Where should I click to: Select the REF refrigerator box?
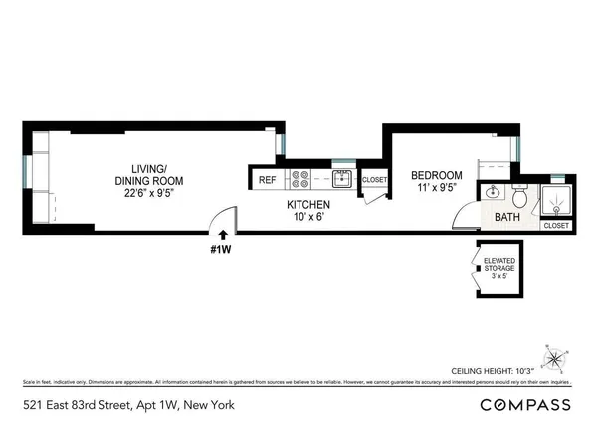(x=267, y=180)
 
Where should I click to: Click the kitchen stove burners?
(x=299, y=179)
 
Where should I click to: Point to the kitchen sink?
(x=341, y=179)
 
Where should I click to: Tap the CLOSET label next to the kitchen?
(x=374, y=180)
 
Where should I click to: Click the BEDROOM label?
(x=436, y=176)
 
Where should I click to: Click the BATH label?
(x=507, y=217)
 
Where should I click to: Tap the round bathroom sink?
(x=493, y=193)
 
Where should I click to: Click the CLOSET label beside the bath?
(x=556, y=226)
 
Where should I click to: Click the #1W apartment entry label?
(x=222, y=248)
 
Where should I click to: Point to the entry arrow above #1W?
(x=223, y=234)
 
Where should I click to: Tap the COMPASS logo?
(x=525, y=404)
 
